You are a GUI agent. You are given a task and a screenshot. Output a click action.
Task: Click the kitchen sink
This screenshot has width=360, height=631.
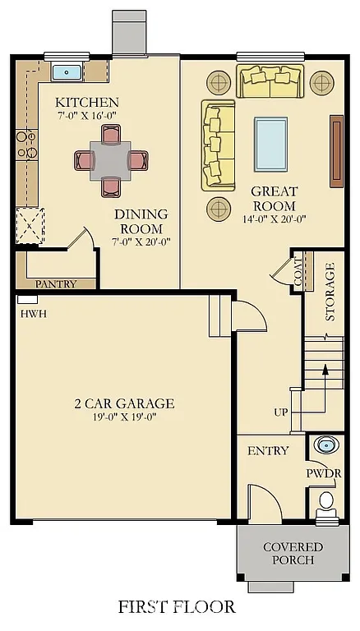click(67, 72)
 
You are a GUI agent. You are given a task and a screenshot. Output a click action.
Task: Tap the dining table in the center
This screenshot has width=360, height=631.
click(110, 155)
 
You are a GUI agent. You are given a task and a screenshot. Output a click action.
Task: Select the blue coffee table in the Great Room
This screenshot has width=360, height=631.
click(271, 140)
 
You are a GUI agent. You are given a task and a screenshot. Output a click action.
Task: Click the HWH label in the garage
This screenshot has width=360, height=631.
click(34, 314)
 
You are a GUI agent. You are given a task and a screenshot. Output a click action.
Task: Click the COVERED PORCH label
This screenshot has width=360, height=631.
click(293, 553)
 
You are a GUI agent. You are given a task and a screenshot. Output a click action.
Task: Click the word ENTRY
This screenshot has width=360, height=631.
click(268, 450)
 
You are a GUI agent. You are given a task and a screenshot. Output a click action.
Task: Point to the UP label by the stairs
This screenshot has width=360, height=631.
click(280, 412)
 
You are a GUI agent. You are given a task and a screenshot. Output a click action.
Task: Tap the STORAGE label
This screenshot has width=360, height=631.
click(330, 292)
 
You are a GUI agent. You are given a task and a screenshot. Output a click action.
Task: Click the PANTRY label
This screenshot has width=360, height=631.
click(56, 284)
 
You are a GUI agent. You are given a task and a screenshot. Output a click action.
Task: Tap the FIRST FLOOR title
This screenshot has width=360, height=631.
click(177, 607)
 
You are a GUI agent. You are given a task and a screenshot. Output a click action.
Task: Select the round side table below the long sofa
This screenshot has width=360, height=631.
click(218, 208)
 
